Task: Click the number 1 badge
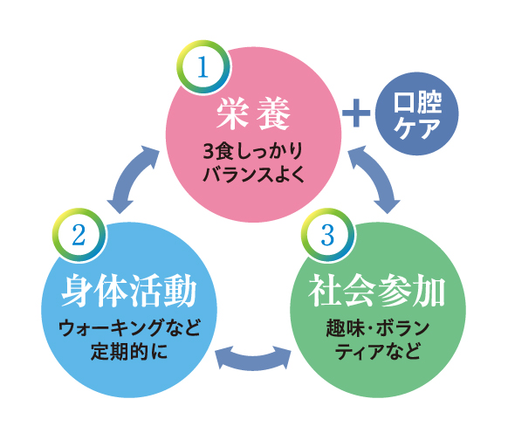(203, 67)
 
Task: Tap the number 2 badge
(79, 235)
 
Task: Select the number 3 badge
(328, 235)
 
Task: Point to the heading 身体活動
(129, 291)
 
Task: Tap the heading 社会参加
(377, 291)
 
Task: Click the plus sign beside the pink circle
(356, 113)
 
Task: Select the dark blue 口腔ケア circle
(416, 113)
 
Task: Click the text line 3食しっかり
(253, 151)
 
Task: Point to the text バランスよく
(254, 175)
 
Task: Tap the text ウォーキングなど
(129, 328)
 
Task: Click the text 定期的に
(129, 351)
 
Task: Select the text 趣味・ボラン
(378, 328)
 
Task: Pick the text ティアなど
(378, 351)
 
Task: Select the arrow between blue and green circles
(253, 361)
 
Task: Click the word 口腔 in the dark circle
(417, 102)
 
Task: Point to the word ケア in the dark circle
(417, 127)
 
